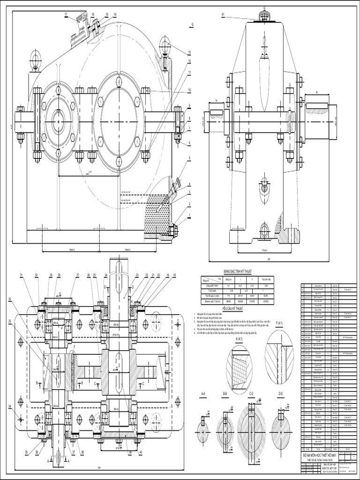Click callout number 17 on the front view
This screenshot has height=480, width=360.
[x=66, y=15]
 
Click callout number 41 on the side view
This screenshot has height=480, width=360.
[x=223, y=15]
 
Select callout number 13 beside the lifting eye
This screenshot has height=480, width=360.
[x=190, y=52]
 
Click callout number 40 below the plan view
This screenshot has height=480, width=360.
[x=141, y=452]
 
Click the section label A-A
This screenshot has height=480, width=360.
[x=204, y=393]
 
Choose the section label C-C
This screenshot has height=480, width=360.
[x=251, y=393]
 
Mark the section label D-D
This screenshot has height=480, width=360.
[x=281, y=393]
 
